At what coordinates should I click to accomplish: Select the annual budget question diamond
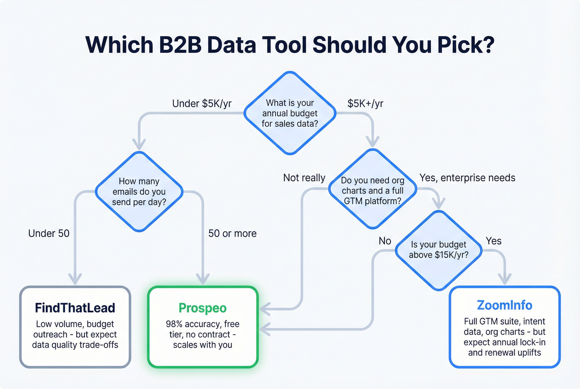[290, 113]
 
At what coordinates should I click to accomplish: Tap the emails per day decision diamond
[139, 191]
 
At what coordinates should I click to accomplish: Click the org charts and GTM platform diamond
[372, 190]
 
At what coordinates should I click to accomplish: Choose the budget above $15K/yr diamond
[439, 250]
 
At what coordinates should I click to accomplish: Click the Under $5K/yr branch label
[202, 104]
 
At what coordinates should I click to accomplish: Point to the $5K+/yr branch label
[365, 104]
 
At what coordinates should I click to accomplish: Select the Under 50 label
[49, 234]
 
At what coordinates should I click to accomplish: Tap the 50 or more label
[232, 234]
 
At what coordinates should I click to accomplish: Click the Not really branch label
[304, 178]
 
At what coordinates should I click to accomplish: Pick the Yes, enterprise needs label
[467, 178]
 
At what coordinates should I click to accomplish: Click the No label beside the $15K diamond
[385, 241]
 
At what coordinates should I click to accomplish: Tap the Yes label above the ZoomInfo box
[493, 241]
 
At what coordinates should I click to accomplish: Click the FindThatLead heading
[75, 308]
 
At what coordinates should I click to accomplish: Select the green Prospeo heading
[203, 308]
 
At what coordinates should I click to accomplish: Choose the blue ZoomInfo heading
[505, 305]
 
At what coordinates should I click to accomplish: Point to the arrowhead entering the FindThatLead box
[75, 280]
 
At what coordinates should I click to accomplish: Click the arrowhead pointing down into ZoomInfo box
[504, 280]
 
